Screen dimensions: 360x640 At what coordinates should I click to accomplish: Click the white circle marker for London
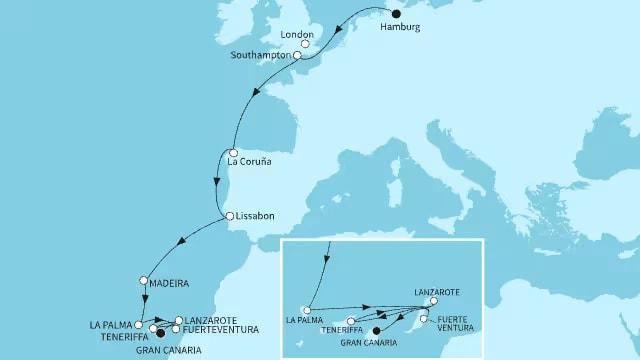(x=305, y=44)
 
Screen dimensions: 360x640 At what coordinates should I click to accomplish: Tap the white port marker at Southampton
(x=297, y=56)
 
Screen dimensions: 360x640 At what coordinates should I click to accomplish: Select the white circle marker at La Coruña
(x=233, y=153)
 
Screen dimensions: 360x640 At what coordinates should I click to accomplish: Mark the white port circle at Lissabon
(x=229, y=216)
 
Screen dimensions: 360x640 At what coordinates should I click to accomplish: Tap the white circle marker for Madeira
(x=144, y=281)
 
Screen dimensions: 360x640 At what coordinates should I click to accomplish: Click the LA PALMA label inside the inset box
(x=304, y=321)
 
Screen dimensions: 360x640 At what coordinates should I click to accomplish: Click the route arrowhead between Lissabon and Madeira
(x=181, y=241)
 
